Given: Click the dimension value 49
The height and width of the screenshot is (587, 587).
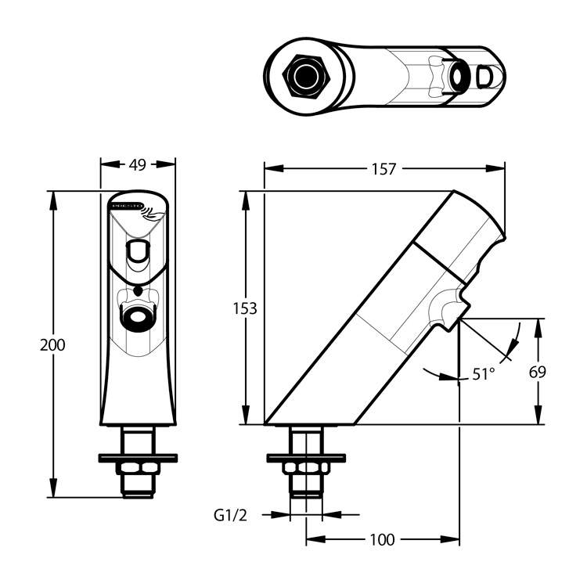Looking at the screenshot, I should point(138,165).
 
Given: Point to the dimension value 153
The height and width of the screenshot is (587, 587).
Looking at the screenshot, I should point(246,308).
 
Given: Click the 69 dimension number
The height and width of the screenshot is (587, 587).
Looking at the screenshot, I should point(537,372).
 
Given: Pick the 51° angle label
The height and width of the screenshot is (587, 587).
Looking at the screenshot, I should point(483,374).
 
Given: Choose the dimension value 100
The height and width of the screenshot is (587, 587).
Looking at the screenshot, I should point(381,539).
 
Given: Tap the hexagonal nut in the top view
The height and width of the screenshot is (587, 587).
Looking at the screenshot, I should point(304,76).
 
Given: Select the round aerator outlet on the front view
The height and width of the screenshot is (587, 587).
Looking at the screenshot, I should point(138,319).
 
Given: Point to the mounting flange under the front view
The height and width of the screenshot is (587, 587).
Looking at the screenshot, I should point(138,457).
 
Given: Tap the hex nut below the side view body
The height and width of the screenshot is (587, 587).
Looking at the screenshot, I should point(306,467).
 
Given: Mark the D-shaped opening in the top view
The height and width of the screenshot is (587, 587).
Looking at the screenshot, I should point(485,77).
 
